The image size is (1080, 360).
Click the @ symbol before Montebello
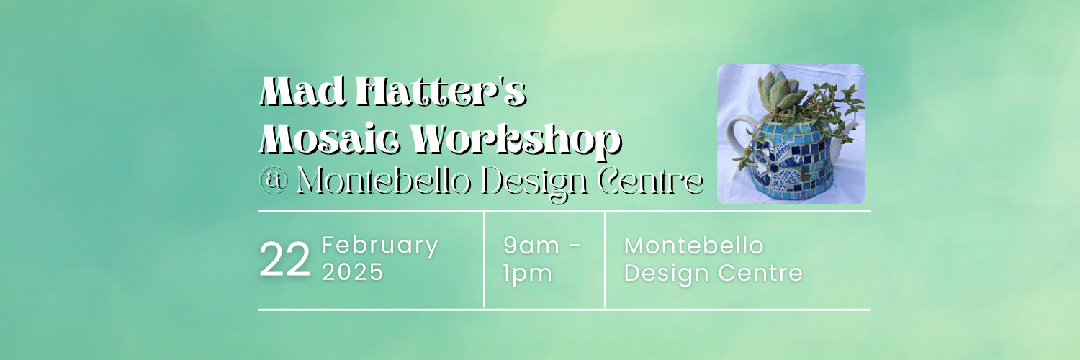click(x=273, y=181)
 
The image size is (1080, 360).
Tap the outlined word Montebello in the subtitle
click(x=384, y=180)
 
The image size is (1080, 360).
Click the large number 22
click(x=284, y=261)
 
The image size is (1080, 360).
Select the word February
click(x=380, y=246)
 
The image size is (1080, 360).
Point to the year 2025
click(x=353, y=273)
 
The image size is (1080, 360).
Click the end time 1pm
click(x=527, y=273)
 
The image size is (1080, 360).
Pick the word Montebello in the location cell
click(x=693, y=246)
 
